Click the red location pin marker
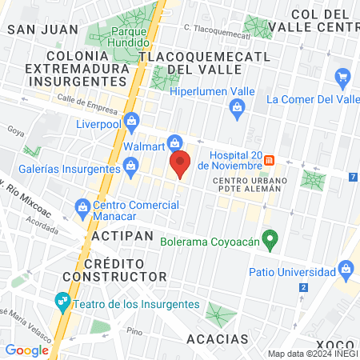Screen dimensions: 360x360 181,163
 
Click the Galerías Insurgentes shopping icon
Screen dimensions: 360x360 130,167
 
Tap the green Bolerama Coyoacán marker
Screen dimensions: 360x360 271,238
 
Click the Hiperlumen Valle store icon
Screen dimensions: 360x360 236,114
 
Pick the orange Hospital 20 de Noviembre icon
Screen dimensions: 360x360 270,160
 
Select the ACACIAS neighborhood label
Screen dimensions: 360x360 218,339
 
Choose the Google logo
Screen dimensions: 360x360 27,350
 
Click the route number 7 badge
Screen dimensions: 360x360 353,176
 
